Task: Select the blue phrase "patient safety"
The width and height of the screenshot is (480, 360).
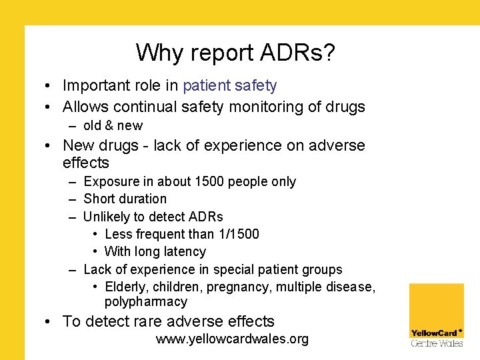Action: [229, 85]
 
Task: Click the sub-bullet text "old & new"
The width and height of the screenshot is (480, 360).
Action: [113, 125]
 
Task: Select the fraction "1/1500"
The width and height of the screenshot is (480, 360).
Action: [237, 234]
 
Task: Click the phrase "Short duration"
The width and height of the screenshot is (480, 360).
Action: [125, 199]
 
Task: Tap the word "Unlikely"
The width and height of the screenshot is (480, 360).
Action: [107, 217]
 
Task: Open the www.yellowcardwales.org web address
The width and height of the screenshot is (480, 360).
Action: [232, 339]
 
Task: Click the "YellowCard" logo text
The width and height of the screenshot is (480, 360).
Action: [433, 333]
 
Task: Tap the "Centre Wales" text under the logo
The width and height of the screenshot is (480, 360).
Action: [436, 343]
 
